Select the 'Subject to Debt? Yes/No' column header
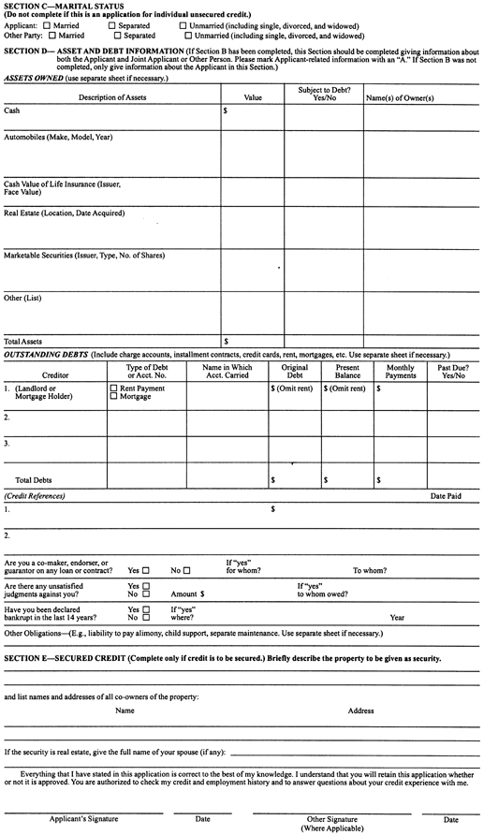323,94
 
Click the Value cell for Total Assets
253,342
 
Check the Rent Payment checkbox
114,388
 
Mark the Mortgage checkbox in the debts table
114,397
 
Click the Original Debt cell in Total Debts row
295,480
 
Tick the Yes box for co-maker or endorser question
146,570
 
